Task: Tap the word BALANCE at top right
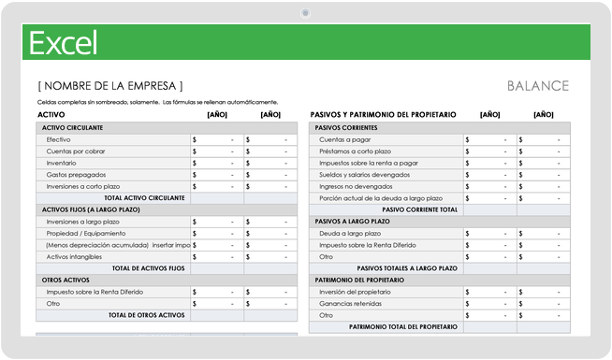point(537,86)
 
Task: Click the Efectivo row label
point(59,139)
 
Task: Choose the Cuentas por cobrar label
point(75,151)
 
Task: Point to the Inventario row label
point(62,163)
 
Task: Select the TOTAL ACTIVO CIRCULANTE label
point(145,198)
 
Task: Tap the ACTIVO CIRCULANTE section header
point(72,127)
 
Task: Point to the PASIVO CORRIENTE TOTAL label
point(420,209)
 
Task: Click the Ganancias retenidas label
point(351,303)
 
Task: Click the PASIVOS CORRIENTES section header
point(346,127)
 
